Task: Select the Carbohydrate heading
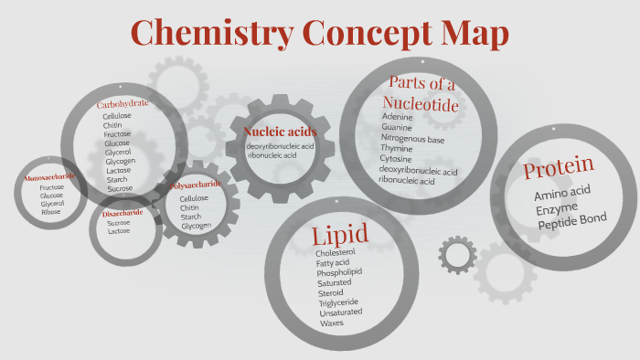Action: pyautogui.click(x=123, y=104)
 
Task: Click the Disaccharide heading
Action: pyautogui.click(x=122, y=213)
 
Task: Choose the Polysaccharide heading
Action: pyautogui.click(x=195, y=185)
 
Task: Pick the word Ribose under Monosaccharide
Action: pyautogui.click(x=51, y=212)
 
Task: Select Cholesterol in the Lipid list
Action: pyautogui.click(x=335, y=252)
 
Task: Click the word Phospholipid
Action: pyautogui.click(x=339, y=272)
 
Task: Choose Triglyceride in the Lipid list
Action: pyautogui.click(x=338, y=302)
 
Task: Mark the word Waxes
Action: pyautogui.click(x=330, y=323)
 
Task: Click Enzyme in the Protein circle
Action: pyautogui.click(x=558, y=209)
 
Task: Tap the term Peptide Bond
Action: pyautogui.click(x=571, y=222)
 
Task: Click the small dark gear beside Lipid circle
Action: pyautogui.click(x=457, y=254)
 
